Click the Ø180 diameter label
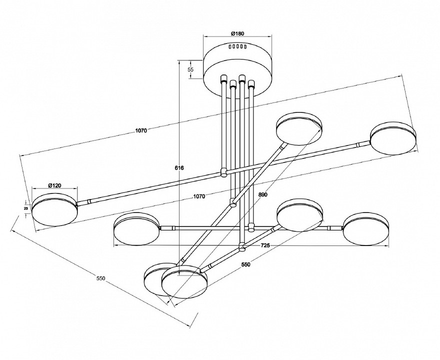point(237,33)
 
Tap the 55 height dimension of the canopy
point(190,70)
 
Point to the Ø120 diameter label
point(54,185)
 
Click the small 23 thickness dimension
point(26,207)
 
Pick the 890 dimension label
point(264,195)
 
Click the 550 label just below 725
point(245,265)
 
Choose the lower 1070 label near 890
point(199,196)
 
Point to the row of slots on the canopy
point(238,46)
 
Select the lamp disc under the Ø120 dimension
point(54,212)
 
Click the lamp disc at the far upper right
point(393,137)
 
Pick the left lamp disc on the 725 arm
point(136,229)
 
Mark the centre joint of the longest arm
point(223,172)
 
